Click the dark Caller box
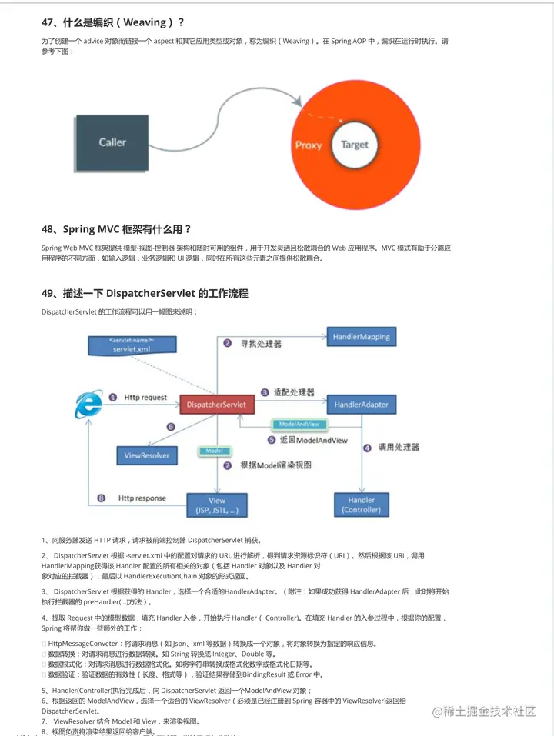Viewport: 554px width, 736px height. tap(112, 142)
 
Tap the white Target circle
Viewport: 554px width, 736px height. tap(355, 145)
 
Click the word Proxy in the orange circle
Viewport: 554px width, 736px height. tap(309, 145)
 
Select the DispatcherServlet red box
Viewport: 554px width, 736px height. tap(216, 404)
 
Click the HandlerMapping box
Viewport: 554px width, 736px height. tap(362, 337)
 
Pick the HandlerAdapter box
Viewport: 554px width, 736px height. tap(361, 404)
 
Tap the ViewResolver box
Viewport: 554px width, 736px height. tap(147, 455)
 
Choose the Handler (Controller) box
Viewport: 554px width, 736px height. tap(361, 505)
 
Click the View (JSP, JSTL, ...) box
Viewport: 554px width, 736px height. tap(218, 505)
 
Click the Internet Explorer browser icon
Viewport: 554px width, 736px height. tap(88, 405)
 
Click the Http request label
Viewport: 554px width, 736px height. tap(145, 398)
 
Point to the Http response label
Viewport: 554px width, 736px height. tap(142, 498)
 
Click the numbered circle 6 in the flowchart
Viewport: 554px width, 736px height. tap(171, 427)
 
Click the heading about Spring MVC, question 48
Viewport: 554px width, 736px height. tap(116, 229)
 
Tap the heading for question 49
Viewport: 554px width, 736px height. tap(145, 293)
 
